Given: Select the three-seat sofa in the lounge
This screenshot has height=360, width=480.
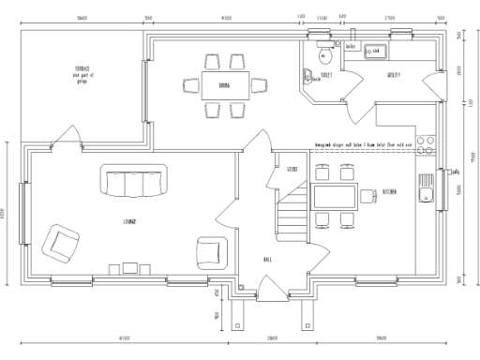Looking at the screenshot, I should tap(136, 183).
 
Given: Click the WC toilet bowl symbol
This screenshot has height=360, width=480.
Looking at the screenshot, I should tap(322, 54).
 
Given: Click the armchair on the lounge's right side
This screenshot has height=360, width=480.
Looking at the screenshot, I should tap(212, 251).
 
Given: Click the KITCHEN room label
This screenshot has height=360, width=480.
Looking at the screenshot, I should tap(389, 192).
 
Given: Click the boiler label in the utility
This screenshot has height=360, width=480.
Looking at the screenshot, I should tap(352, 45).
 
